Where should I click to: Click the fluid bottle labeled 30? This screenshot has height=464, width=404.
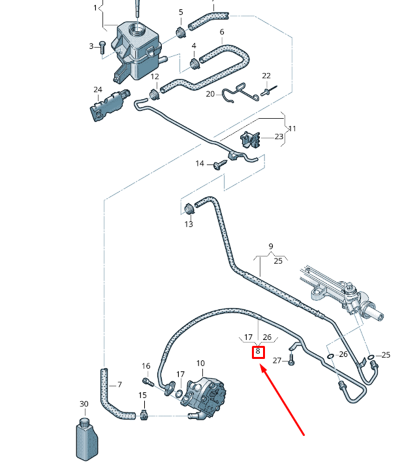click(x=84, y=437)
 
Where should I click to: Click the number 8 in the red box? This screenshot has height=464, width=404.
click(x=258, y=352)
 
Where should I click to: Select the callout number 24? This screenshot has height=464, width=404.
click(x=98, y=89)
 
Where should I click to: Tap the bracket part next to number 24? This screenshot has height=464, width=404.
click(x=106, y=105)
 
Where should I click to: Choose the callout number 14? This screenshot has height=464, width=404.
click(x=200, y=163)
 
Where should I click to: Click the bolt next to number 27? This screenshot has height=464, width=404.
click(x=292, y=360)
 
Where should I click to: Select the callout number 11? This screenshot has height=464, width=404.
click(x=292, y=129)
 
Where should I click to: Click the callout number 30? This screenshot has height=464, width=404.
click(x=84, y=405)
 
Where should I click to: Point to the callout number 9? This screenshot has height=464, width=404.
click(x=270, y=246)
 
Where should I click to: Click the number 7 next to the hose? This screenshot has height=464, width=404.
click(x=119, y=384)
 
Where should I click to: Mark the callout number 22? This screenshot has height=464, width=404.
click(x=266, y=76)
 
